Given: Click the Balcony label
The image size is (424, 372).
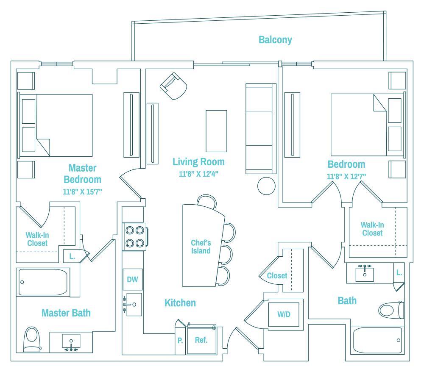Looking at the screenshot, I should pos(275,40).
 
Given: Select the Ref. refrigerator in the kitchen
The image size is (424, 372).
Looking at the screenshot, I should pos(201,340).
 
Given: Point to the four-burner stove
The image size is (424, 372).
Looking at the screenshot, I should pos(134,237).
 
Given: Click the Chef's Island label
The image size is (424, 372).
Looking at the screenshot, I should pos(201,247).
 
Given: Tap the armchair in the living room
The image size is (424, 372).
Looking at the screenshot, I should pos(173,86).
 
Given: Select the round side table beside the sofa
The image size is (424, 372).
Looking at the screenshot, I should pos(267,186).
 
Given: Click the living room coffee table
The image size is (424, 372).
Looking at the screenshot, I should pos(216,130).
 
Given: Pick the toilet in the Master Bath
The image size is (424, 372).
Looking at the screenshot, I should pos(32,339).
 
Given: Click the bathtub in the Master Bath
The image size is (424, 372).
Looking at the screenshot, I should pos(43,282).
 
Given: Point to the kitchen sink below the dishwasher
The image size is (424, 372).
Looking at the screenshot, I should pos(133,304).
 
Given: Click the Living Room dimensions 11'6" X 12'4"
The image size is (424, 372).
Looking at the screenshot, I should pos(198,174).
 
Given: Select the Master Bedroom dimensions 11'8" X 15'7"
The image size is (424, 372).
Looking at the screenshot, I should pos(82,192).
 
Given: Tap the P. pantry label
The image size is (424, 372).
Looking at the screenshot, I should pos(180,340).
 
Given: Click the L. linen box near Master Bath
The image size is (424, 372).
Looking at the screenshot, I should pos(72,256).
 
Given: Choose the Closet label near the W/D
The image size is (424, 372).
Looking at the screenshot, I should pos(277,276).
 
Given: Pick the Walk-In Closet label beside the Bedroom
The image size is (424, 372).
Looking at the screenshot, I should pos(372,229).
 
